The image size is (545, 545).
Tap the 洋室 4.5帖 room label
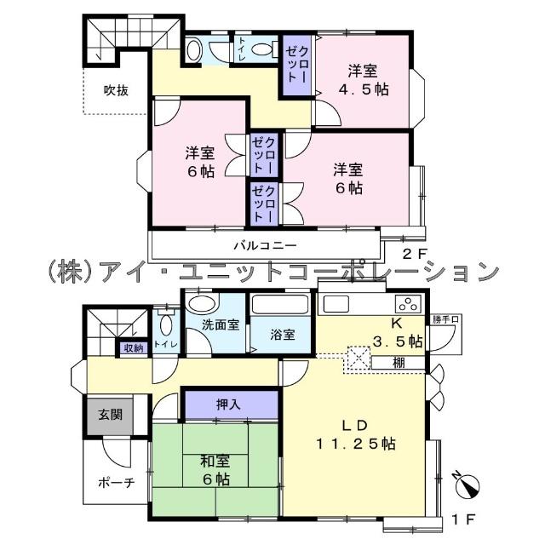(368, 79)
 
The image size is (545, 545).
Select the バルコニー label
(265, 245)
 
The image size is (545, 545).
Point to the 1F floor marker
(462, 517)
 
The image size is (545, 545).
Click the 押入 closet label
(228, 404)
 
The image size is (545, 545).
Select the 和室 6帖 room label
(215, 471)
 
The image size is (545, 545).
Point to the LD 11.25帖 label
(355, 434)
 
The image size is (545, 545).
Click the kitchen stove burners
(408, 303)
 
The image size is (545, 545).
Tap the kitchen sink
(335, 303)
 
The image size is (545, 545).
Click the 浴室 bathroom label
(283, 334)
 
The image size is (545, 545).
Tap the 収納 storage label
(133, 347)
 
